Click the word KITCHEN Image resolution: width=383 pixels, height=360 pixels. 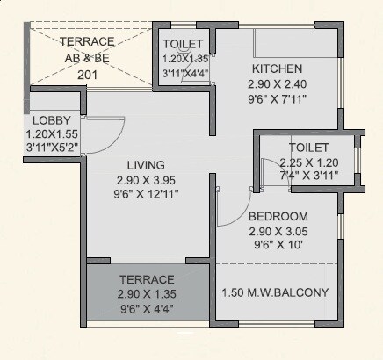click(277, 68)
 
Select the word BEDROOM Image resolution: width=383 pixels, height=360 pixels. click(278, 217)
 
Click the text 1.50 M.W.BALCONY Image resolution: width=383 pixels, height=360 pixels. click(275, 292)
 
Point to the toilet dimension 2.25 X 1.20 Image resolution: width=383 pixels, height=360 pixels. click(308, 163)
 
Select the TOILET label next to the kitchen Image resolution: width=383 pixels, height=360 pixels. click(183, 44)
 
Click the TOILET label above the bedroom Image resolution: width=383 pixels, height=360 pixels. click(308, 148)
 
